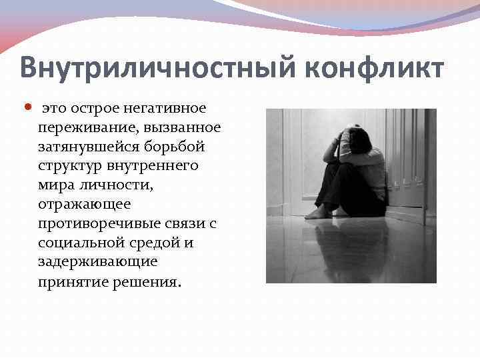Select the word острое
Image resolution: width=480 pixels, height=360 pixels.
click(90, 108)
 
